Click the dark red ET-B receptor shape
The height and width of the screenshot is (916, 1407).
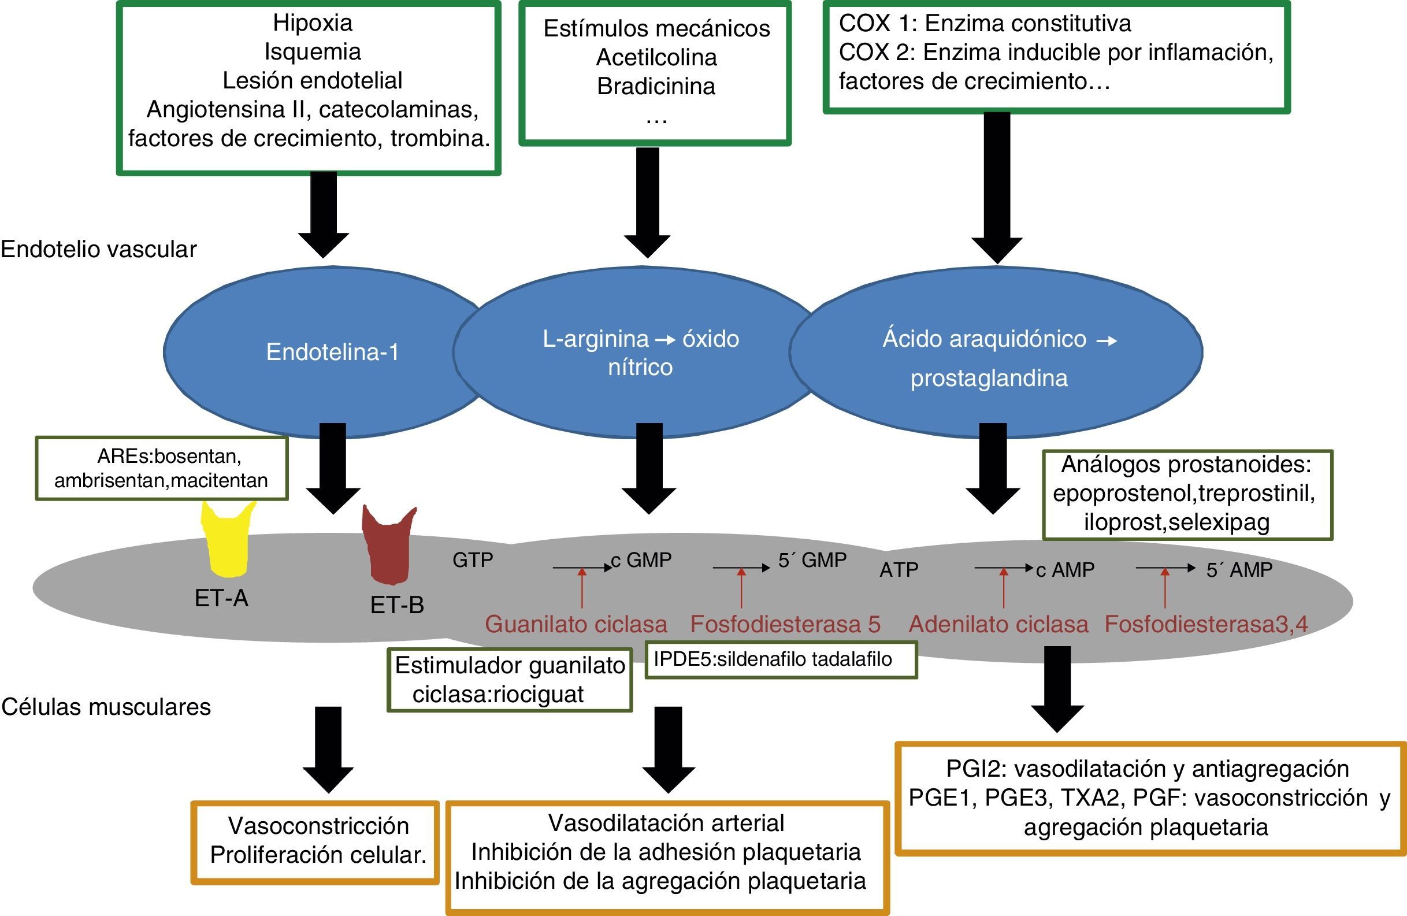[x=389, y=547]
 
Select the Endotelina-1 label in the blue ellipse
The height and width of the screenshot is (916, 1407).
[x=332, y=353]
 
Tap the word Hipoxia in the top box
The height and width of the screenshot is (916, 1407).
[x=312, y=23]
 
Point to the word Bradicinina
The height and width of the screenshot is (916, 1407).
[x=656, y=86]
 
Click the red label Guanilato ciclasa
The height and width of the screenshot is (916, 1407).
[x=576, y=625]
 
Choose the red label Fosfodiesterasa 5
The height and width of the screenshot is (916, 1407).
[x=785, y=625]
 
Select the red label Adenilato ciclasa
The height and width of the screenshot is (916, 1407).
[x=998, y=625]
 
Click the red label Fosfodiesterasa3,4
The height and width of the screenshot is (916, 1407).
[x=1206, y=625]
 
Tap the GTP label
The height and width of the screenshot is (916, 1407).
[x=472, y=560]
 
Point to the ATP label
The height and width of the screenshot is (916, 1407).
[x=899, y=570]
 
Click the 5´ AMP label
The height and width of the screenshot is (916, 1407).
[x=1239, y=570]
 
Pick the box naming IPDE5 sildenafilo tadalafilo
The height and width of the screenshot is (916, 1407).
[x=781, y=659]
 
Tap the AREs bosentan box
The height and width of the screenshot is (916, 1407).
[x=161, y=468]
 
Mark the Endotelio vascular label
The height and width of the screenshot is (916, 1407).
[x=98, y=250]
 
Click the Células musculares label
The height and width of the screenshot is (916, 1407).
[x=106, y=707]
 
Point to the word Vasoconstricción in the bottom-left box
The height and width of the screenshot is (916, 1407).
[x=318, y=826]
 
